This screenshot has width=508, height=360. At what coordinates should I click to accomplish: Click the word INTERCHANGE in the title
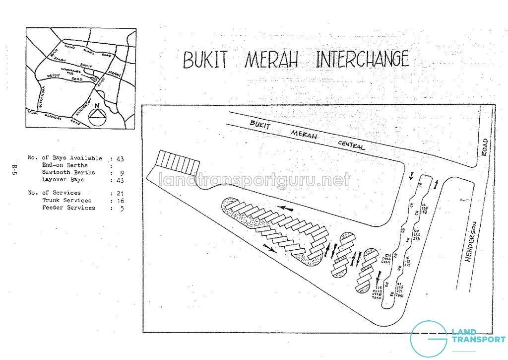tap(362, 59)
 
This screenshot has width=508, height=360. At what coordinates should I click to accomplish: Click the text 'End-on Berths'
tap(65, 165)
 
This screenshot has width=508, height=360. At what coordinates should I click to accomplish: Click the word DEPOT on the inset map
tap(54, 75)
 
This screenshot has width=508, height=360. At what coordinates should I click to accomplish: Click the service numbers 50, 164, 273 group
tap(416, 235)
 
